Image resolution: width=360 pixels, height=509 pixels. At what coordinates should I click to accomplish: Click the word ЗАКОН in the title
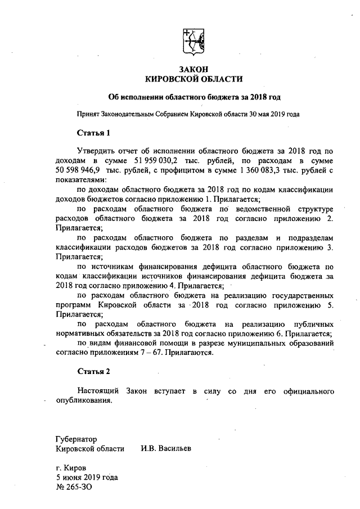coord(193,68)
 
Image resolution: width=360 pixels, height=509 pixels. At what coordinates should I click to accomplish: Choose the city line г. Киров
coord(70,469)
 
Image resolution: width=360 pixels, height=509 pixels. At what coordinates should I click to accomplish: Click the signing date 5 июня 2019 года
coord(86,478)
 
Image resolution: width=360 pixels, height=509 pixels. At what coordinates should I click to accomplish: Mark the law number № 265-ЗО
coord(74,488)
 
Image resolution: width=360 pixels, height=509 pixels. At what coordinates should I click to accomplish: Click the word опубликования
coord(84,400)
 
